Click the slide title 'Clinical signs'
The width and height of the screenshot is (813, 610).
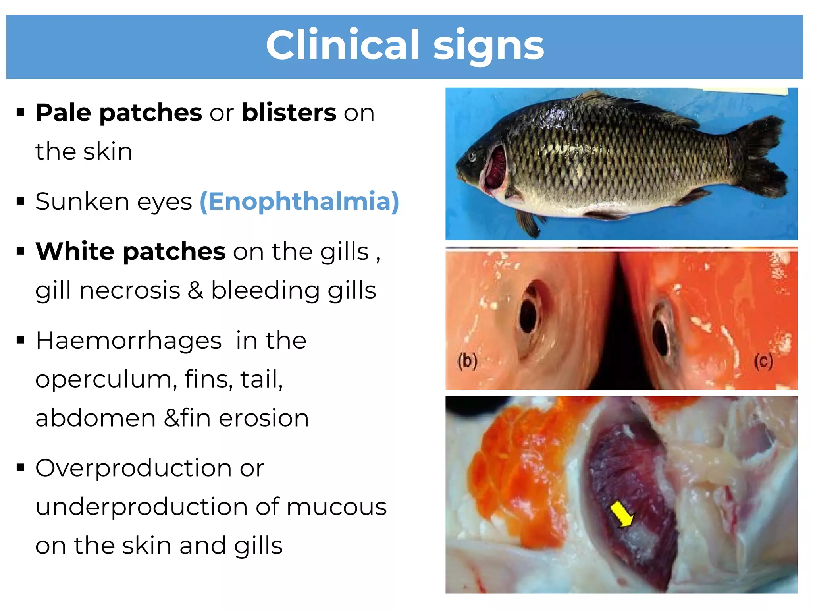(x=405, y=46)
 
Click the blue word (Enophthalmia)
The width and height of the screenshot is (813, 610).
(x=299, y=202)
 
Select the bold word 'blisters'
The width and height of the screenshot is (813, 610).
(x=289, y=113)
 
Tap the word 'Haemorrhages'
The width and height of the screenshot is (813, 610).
(x=129, y=341)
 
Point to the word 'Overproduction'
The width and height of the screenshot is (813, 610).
(x=133, y=468)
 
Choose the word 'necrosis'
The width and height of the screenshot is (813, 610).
(x=130, y=290)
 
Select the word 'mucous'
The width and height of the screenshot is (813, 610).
(x=336, y=507)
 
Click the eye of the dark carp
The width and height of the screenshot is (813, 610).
(x=472, y=156)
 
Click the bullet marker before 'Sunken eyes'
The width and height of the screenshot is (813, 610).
(x=21, y=201)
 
